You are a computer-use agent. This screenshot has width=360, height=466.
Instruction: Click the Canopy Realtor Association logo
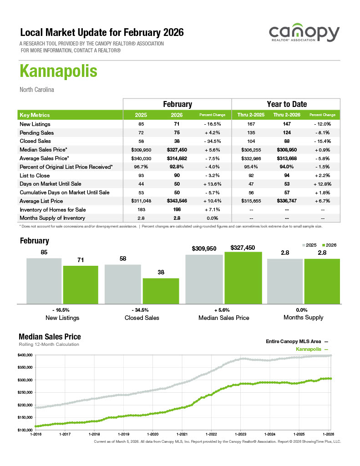click(x=304, y=35)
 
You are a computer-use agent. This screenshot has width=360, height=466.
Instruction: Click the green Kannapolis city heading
click(x=58, y=72)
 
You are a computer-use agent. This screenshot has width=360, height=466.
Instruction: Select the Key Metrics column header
click(x=35, y=115)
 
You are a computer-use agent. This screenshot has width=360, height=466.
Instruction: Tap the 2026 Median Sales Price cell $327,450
click(x=177, y=150)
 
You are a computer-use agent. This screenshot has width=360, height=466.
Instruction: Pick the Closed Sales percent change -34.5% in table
click(x=213, y=141)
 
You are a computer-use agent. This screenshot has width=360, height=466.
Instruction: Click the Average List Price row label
click(x=41, y=201)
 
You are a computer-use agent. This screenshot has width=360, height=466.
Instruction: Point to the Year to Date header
click(x=286, y=104)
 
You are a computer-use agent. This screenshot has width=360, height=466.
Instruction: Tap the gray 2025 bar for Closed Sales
click(x=122, y=284)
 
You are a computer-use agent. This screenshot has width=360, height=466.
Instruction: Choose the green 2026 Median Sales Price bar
click(x=243, y=277)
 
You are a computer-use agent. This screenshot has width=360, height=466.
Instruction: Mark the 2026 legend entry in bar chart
click(x=329, y=245)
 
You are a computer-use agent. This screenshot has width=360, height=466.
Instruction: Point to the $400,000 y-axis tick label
click(x=25, y=355)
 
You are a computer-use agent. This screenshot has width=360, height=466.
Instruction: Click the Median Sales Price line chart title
click(x=50, y=337)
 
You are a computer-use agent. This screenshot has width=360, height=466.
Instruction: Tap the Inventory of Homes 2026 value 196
click(x=177, y=210)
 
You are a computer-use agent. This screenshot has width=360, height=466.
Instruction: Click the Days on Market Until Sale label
click(x=51, y=184)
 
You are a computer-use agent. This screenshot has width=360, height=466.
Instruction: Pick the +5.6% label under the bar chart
click(x=223, y=310)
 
